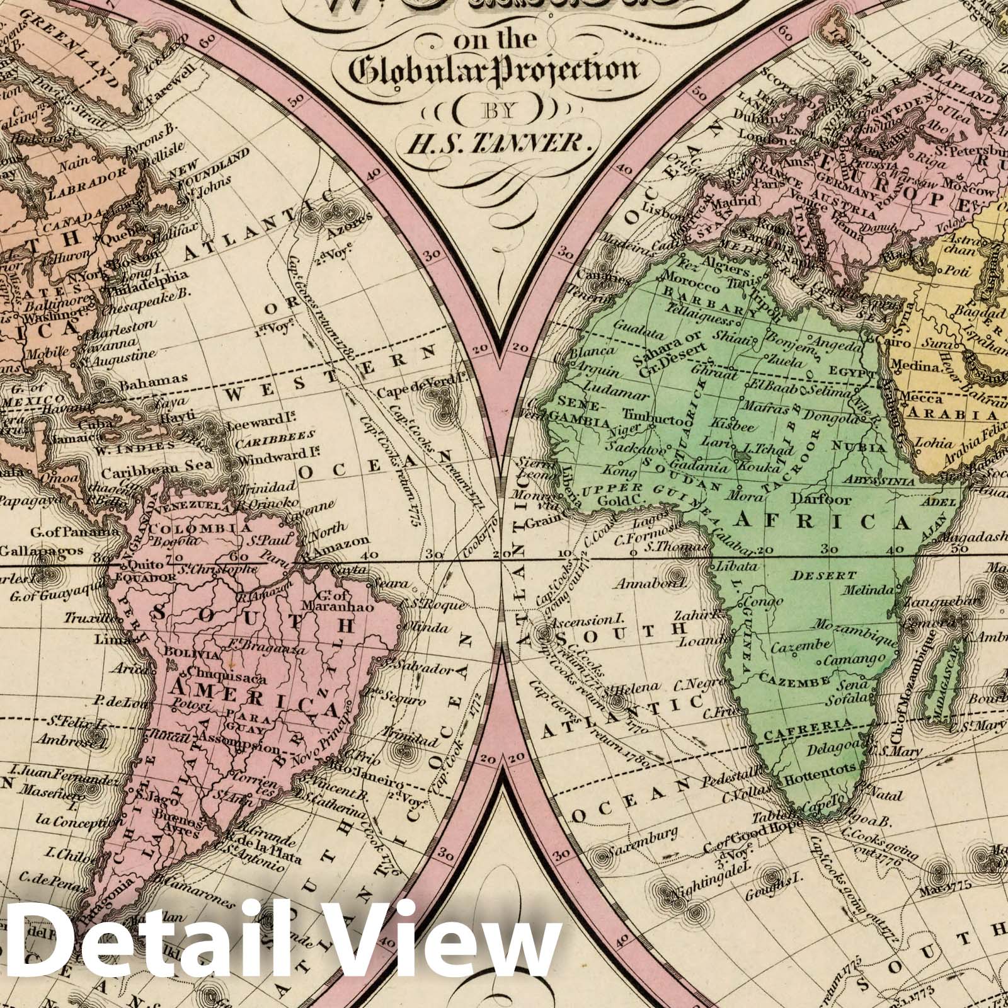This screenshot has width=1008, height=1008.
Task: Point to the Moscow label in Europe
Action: (971, 191)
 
